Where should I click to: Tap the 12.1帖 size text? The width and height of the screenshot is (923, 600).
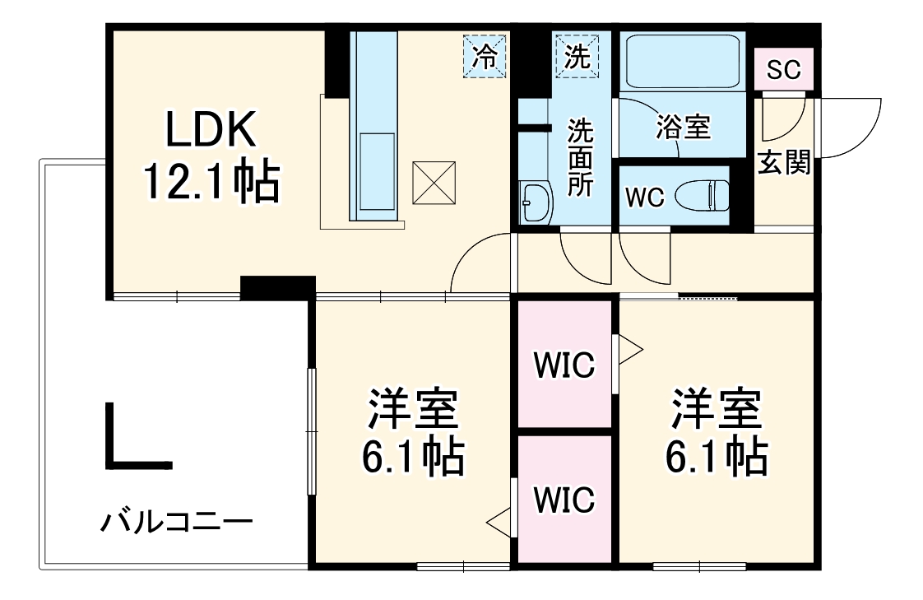pos(211,183)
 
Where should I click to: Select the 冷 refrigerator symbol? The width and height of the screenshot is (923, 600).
pos(485,57)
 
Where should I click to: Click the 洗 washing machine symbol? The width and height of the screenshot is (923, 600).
pos(577,57)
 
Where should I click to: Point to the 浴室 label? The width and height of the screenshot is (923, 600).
pos(683,128)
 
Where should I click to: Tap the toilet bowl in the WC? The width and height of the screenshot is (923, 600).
pos(702,196)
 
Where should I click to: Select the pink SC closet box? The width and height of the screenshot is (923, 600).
pos(783,70)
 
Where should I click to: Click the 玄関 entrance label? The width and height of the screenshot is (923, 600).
pos(783,163)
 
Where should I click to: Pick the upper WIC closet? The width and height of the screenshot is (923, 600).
pos(564,365)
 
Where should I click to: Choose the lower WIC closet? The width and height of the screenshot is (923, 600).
pos(564,498)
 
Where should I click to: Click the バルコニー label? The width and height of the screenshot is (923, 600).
pos(177,522)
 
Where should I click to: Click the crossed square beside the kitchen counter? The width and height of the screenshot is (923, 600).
pos(433,182)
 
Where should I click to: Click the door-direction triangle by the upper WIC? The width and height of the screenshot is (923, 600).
pos(629,349)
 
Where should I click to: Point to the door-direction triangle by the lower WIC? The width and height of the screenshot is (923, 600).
pos(499,520)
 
